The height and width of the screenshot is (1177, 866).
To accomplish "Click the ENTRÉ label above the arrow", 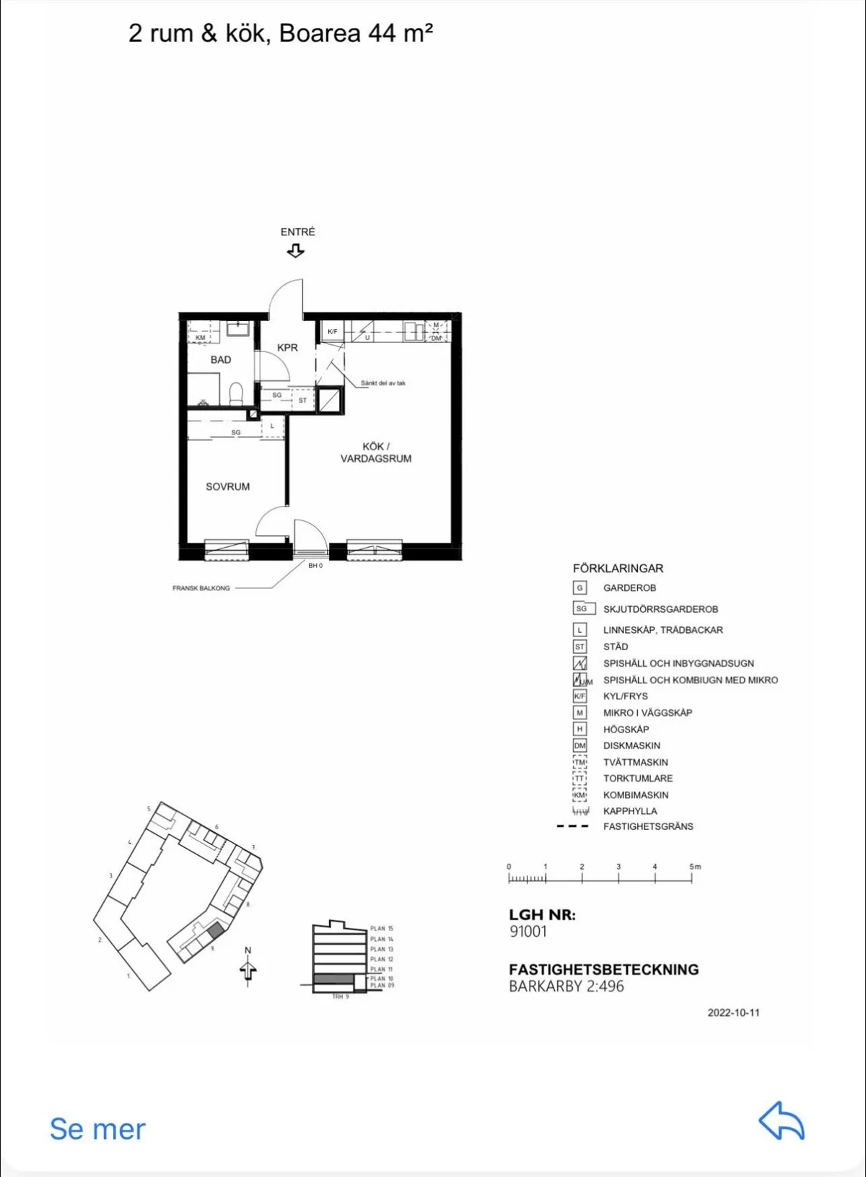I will [297, 232].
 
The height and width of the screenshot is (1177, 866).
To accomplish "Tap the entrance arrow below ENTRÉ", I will [295, 251].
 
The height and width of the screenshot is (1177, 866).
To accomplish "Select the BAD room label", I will [221, 359].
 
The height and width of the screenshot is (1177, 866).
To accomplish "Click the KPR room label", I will [287, 347].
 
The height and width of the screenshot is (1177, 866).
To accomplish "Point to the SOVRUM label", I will [227, 486].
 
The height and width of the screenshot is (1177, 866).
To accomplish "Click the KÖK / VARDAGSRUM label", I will [376, 452].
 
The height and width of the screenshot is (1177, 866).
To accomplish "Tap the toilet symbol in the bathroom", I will [236, 393].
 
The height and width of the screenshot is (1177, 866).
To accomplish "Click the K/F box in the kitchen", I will [332, 332].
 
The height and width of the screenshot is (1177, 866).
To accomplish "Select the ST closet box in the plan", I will [302, 400].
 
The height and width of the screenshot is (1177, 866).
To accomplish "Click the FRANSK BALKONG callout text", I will [201, 588].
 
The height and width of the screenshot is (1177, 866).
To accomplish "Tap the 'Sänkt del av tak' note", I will [383, 383].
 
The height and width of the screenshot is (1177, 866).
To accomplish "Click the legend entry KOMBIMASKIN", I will [636, 795].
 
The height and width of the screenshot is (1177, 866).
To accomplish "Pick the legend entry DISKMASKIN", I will [631, 745].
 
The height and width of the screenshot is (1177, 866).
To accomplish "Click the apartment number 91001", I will [528, 931].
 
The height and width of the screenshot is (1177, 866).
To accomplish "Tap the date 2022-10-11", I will [733, 1012].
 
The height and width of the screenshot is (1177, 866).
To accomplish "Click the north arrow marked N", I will [248, 968].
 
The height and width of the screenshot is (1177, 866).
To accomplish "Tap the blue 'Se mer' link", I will [97, 1129].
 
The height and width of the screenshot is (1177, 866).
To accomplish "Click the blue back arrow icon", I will [782, 1121].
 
